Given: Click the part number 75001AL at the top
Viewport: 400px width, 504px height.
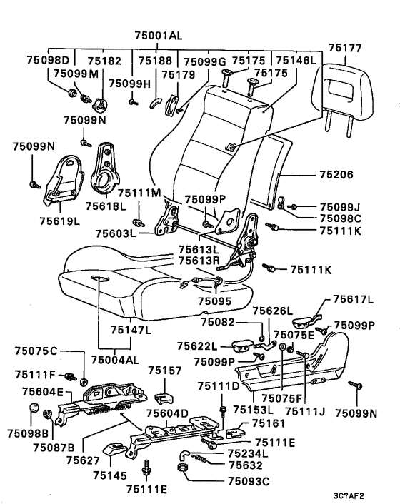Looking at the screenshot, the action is pos(158,35).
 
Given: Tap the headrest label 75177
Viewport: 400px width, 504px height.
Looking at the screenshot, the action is pos(345,48).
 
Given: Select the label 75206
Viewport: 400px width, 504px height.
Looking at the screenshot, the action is pos(336,175).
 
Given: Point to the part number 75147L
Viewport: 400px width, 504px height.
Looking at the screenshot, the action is pos(131,330).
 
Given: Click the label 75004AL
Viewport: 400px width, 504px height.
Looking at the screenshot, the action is pos(115,360).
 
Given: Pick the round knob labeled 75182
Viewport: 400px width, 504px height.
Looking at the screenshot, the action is pos(100,104).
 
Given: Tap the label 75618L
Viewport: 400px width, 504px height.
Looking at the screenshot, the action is pos(106,206).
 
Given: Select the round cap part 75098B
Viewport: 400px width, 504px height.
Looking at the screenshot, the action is pos(34,408).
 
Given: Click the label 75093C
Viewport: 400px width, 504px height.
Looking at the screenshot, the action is pos(249,481).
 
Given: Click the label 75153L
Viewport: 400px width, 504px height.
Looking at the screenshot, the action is pos(253,410).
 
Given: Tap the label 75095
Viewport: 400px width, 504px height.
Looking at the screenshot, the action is pos(214,301).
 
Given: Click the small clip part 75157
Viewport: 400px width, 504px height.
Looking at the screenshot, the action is pos(165,398).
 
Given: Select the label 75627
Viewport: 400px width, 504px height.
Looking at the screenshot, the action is pos(84,460).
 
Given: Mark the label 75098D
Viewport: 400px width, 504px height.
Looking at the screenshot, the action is pos(48,61).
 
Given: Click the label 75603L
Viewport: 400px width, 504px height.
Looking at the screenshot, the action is pos(116,233).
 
